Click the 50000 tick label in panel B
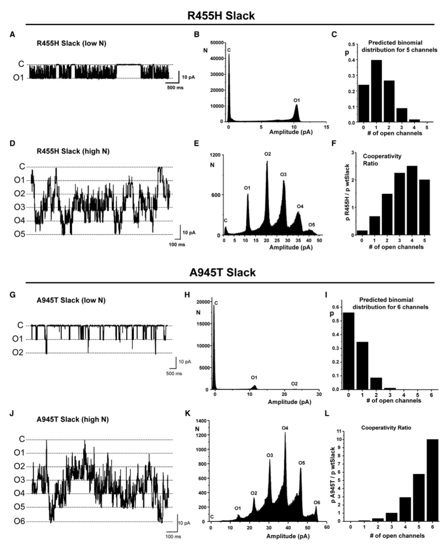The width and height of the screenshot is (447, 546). pyautogui.click(x=218, y=43)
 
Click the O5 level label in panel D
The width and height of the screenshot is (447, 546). pyautogui.click(x=20, y=234)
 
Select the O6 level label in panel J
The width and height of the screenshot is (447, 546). pyautogui.click(x=20, y=522)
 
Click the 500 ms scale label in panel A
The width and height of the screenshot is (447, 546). pyautogui.click(x=174, y=90)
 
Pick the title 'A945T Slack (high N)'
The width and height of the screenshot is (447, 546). pyautogui.click(x=73, y=419)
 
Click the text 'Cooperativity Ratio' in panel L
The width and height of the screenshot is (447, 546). pyautogui.click(x=387, y=427)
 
